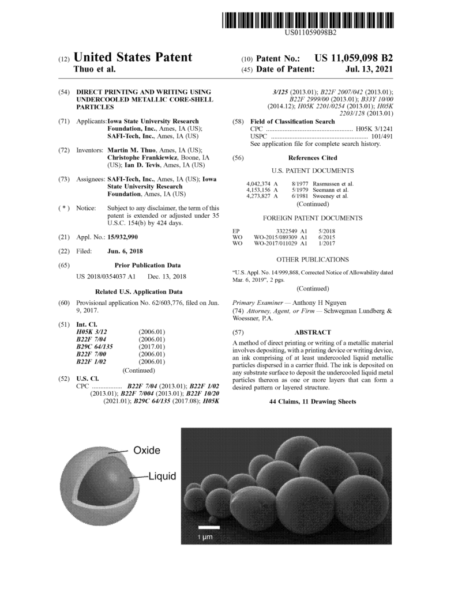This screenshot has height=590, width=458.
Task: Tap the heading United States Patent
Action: [x=133, y=57]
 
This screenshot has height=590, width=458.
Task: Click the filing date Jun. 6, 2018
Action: [x=126, y=251]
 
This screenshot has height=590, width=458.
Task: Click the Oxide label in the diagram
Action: [x=147, y=450]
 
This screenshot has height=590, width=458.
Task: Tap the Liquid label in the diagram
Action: [x=162, y=476]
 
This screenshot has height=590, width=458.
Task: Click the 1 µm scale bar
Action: [x=206, y=527]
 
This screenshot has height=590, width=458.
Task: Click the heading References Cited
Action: [x=313, y=158]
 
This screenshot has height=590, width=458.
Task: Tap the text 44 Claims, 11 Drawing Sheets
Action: [x=313, y=401]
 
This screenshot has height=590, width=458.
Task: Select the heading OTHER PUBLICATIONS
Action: [x=313, y=260]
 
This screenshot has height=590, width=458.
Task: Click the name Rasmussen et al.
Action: [x=333, y=184]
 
